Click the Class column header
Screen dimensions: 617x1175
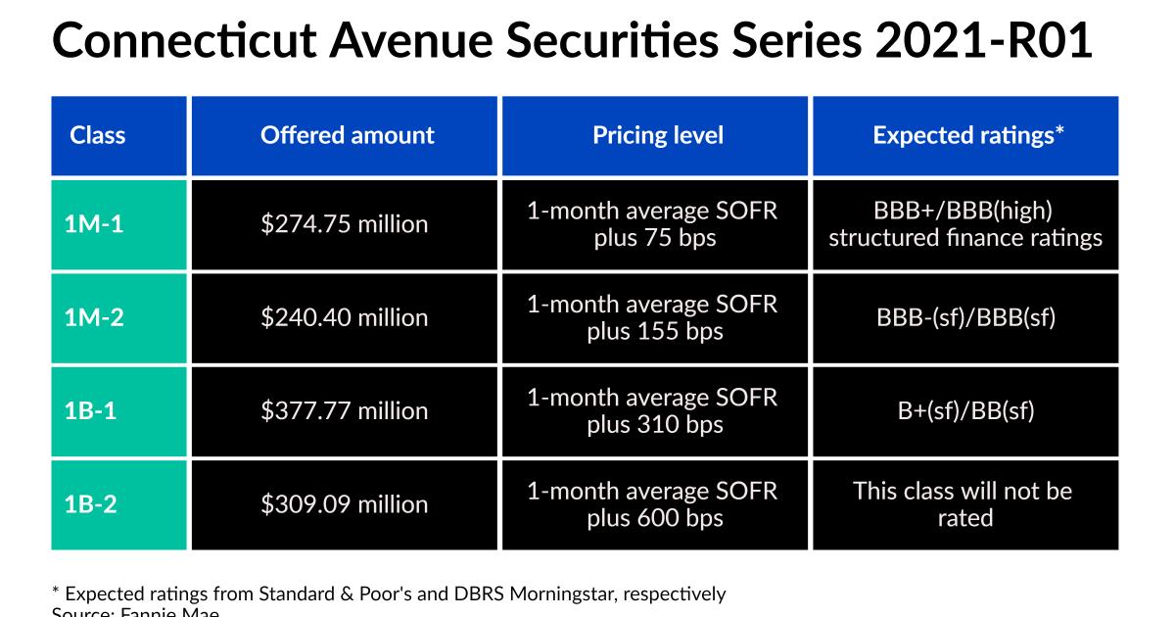(x=98, y=135)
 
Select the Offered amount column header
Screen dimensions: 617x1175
(x=347, y=135)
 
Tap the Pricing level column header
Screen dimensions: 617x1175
(x=657, y=135)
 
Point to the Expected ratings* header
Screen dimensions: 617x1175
(x=964, y=135)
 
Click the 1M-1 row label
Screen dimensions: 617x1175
(x=94, y=224)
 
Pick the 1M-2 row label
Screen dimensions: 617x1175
(x=94, y=317)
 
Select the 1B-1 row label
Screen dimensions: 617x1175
(x=91, y=410)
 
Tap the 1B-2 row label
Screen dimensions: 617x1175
(x=91, y=504)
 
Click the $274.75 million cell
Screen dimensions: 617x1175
(x=345, y=224)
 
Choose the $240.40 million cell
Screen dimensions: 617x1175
(x=345, y=317)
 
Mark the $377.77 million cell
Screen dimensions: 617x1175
(x=345, y=410)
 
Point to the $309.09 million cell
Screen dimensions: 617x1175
(x=345, y=504)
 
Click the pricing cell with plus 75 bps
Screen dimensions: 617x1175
(x=654, y=224)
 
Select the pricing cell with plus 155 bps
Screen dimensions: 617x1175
(x=654, y=317)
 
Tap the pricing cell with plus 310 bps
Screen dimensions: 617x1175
(x=654, y=410)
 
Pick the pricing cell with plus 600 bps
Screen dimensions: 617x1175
(x=654, y=504)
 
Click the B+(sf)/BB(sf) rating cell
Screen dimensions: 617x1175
(x=964, y=410)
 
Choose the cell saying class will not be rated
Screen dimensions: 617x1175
(x=964, y=504)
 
